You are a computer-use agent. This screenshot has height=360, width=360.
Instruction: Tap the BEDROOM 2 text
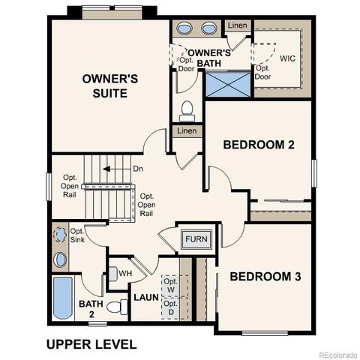pyautogui.click(x=259, y=144)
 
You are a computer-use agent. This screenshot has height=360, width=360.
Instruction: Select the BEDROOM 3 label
pyautogui.click(x=265, y=277)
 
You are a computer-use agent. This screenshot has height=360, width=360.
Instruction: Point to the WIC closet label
pyautogui.click(x=287, y=58)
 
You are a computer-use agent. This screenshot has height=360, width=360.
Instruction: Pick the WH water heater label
pyautogui.click(x=125, y=273)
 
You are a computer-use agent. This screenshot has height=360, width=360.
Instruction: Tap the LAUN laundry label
pyautogui.click(x=146, y=298)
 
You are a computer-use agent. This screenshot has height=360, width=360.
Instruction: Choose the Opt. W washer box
pyautogui.click(x=170, y=284)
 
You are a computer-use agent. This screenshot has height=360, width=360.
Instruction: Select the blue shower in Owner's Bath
pyautogui.click(x=227, y=83)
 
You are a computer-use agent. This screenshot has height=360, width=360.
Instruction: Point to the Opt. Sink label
pyautogui.click(x=78, y=235)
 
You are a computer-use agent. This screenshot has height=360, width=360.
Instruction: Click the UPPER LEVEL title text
pyautogui.click(x=91, y=344)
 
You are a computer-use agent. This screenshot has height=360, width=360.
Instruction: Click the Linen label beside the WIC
pyautogui.click(x=238, y=26)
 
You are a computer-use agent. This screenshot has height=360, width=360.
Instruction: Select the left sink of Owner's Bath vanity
pyautogui.click(x=184, y=29)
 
